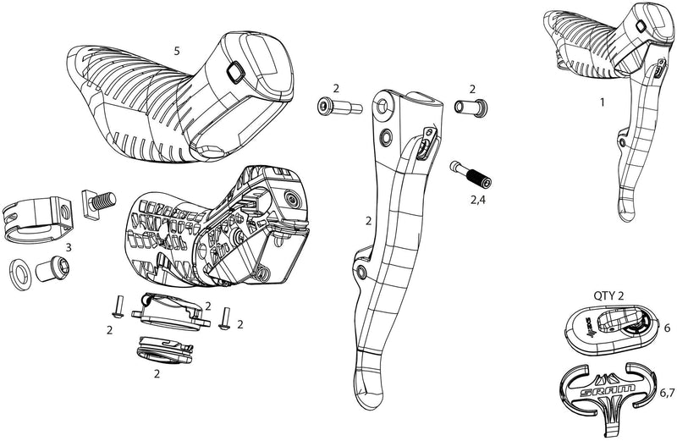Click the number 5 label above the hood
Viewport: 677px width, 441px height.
point(177,51)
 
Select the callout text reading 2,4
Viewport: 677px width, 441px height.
point(478,201)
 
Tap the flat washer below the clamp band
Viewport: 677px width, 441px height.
point(19,272)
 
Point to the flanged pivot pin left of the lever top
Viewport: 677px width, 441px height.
point(336,107)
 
